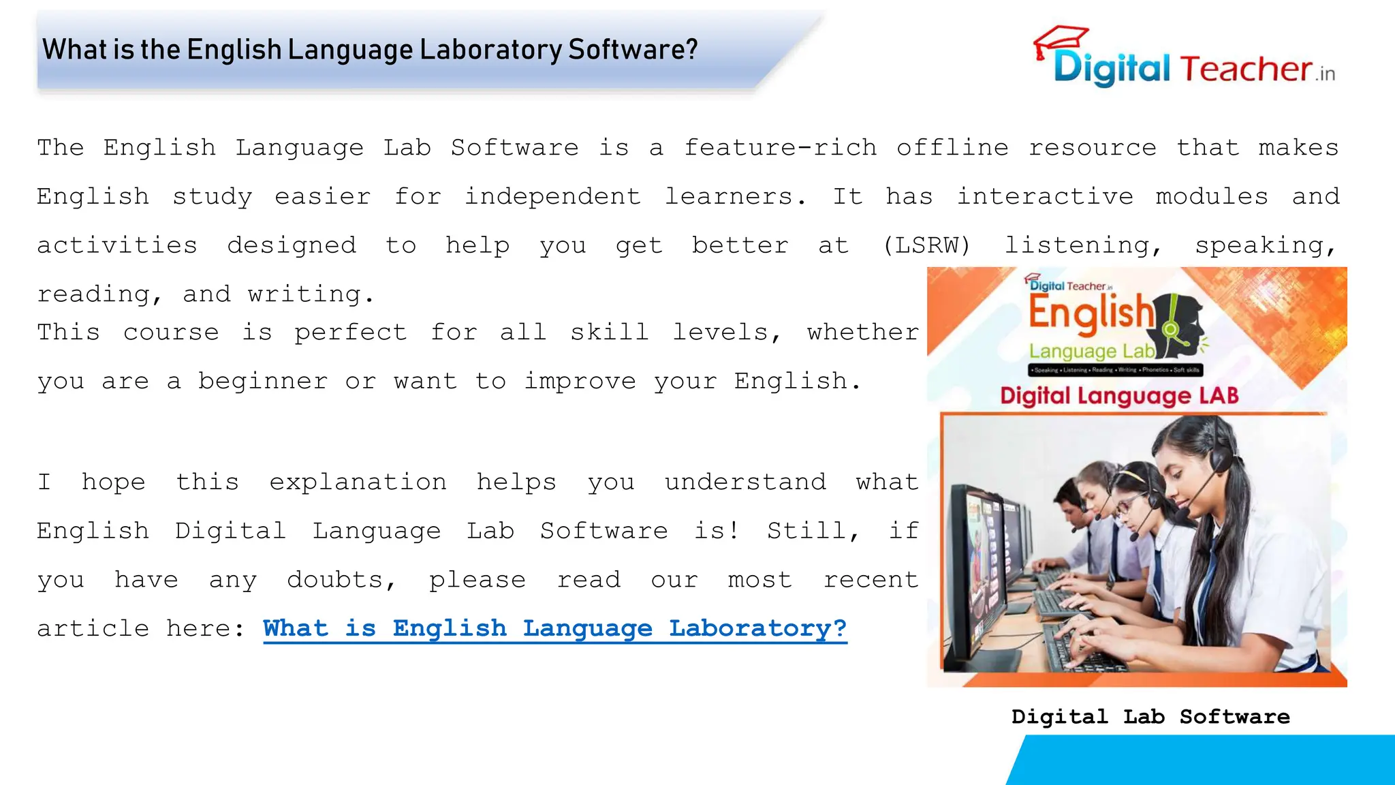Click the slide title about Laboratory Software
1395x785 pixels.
click(370, 50)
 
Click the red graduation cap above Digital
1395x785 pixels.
click(1060, 39)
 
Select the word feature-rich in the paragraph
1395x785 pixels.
click(780, 148)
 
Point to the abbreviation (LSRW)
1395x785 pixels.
click(926, 245)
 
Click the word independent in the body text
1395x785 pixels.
click(552, 197)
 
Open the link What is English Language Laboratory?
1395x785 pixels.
click(554, 628)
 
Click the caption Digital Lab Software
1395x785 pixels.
click(1150, 717)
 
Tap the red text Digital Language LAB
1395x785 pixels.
click(1119, 396)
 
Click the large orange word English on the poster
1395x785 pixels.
click(1091, 313)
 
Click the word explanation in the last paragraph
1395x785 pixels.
click(358, 482)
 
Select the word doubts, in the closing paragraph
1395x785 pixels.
click(341, 580)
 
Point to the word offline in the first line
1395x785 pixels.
click(952, 148)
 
